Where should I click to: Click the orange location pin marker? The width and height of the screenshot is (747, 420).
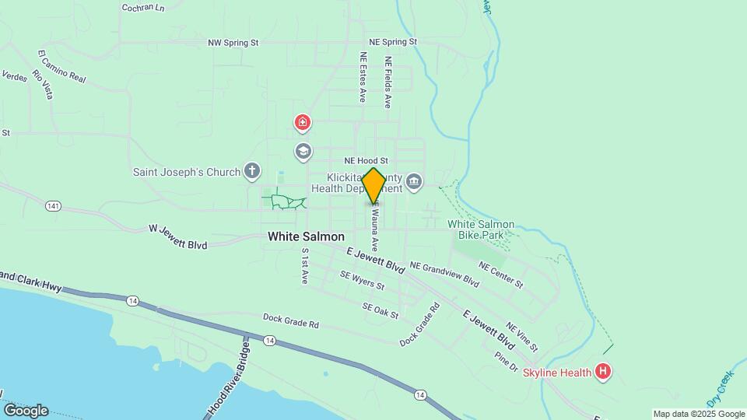pos(373,186)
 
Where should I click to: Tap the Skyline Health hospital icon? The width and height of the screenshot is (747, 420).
pos(602,372)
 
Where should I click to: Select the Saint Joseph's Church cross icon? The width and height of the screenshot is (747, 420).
pos(251,170)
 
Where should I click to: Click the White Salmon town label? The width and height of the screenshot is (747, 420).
pos(306,236)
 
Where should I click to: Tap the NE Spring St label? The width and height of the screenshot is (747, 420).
pos(393,41)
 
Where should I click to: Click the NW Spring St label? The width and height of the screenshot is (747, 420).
pos(233,44)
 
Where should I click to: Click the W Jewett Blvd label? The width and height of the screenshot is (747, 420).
pos(177,236)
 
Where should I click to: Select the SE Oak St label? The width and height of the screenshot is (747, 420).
pos(381,309)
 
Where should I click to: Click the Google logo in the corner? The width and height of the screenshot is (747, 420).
pos(26,411)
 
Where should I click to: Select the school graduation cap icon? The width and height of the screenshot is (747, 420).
pos(303,150)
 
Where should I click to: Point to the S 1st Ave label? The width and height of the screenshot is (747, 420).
pos(304,266)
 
